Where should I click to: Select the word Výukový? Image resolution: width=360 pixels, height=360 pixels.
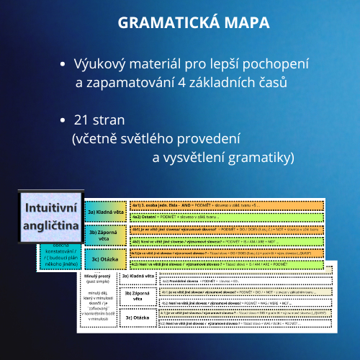(x=100, y=65)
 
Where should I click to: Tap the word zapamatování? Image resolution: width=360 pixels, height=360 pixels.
(x=126, y=84)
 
